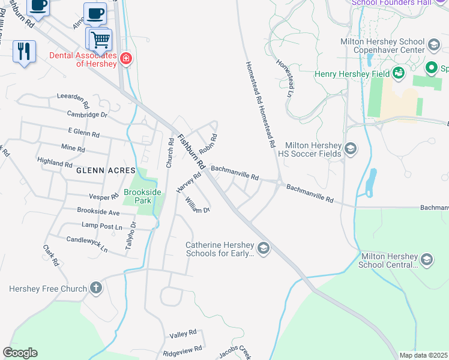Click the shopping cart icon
tap(100, 40)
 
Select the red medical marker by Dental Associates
tap(125, 58)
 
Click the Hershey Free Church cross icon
tap(96, 289)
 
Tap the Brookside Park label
tap(137, 196)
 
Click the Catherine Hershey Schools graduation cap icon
tap(263, 248)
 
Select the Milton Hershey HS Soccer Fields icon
tap(351, 148)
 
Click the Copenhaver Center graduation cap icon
tap(433, 45)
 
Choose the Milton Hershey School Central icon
tap(426, 259)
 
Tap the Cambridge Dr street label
tap(86, 114)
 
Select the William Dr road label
tap(197, 206)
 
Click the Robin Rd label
tap(208, 143)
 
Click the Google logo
tap(20, 353)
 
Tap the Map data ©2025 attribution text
tap(423, 355)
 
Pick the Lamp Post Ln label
tap(101, 226)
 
